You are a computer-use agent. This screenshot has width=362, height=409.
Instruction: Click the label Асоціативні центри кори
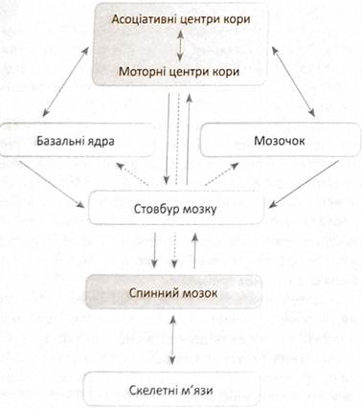(x=181, y=19)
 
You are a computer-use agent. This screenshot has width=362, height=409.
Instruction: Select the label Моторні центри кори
(x=179, y=72)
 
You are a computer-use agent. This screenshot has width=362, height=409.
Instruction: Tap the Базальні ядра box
(x=77, y=141)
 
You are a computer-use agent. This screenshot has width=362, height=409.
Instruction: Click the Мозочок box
(x=280, y=141)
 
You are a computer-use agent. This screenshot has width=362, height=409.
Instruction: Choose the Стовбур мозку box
(x=176, y=209)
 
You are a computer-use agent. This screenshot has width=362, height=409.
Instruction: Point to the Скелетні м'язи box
(x=171, y=390)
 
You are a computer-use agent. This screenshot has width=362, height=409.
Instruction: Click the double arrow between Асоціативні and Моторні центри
(x=180, y=46)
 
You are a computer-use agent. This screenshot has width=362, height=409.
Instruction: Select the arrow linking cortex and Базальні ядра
(x=65, y=81)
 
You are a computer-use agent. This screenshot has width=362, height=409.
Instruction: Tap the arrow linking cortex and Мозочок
(x=293, y=81)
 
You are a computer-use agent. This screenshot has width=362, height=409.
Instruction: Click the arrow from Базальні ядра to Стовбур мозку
(x=52, y=184)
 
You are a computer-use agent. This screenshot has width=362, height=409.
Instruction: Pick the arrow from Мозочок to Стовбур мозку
(x=304, y=184)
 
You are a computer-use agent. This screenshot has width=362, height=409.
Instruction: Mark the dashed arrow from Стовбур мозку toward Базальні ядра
(x=133, y=173)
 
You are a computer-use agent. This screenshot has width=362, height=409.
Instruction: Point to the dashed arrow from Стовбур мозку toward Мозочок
(x=221, y=173)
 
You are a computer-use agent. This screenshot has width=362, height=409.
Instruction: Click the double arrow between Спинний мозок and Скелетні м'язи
(x=172, y=339)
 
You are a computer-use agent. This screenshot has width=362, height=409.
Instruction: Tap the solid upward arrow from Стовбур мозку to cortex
(x=189, y=139)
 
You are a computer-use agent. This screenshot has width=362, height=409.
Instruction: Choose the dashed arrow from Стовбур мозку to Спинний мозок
(x=174, y=250)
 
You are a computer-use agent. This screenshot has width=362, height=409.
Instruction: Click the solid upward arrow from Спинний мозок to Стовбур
(x=194, y=250)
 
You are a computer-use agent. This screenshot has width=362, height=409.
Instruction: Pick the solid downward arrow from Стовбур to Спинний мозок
(x=154, y=250)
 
